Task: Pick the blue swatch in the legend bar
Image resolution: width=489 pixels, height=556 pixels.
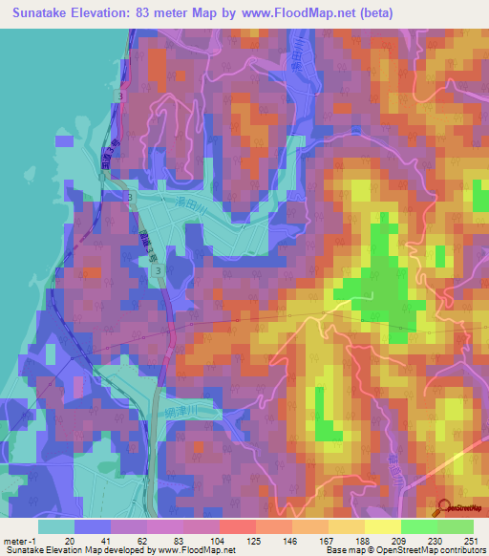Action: (94, 525)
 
